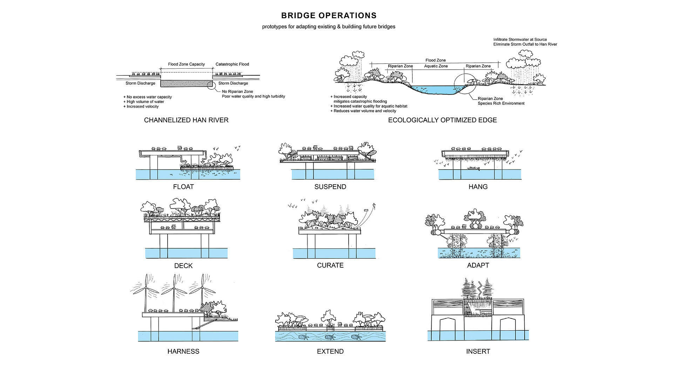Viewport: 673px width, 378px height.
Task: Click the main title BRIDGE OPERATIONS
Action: point(329,16)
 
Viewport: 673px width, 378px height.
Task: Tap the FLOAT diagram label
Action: point(183,187)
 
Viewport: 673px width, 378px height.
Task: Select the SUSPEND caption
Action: point(330,187)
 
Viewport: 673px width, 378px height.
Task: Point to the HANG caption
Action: point(478,187)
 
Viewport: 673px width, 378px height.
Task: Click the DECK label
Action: point(183,266)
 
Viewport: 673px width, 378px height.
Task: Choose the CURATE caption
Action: point(330,265)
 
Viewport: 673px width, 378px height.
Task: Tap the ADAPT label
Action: point(478,265)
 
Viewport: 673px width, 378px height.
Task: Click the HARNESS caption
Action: point(183,351)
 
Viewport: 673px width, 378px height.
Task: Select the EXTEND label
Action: point(330,351)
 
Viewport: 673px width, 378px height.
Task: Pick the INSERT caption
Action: point(478,351)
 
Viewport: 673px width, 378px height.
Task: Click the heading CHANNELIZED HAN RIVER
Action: point(186,120)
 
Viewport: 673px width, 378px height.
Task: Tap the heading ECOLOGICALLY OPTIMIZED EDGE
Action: point(442,120)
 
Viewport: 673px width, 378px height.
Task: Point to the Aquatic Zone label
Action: point(436,66)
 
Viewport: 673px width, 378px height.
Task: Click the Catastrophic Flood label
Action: point(232,64)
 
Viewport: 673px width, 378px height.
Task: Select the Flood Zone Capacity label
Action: point(186,64)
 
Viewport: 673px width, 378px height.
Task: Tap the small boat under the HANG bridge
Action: point(473,169)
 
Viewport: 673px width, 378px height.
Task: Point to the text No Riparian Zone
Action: point(237,91)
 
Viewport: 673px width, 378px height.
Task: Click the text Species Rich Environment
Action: point(501,103)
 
